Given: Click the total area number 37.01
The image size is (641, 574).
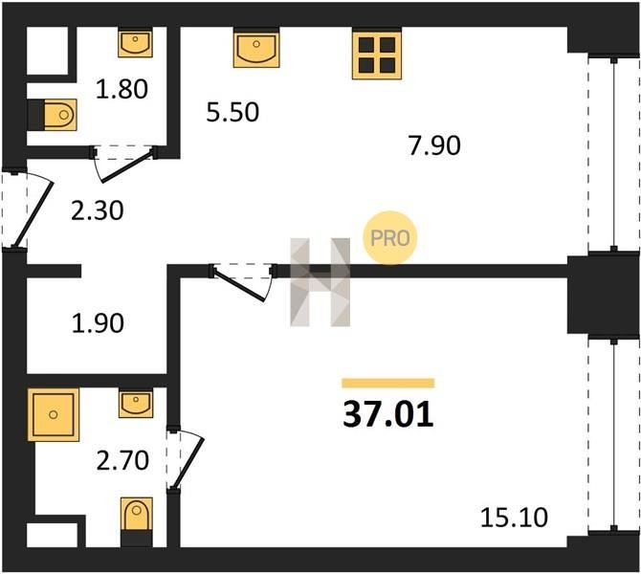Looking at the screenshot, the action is (388, 414).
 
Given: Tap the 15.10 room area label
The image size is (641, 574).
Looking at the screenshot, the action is (514, 518).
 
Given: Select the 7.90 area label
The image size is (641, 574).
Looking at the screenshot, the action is (434, 145).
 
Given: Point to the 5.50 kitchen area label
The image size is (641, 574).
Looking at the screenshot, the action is (232, 112).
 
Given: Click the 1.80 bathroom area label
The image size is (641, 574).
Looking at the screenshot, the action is (122, 90).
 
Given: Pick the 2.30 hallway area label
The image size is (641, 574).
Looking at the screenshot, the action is (97, 211).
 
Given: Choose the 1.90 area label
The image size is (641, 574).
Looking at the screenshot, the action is (98, 323).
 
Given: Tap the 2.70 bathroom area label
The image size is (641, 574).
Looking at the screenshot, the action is (122, 460).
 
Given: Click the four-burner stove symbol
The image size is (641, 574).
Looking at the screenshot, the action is (377, 55).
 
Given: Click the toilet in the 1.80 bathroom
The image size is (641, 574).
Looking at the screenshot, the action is (53, 115).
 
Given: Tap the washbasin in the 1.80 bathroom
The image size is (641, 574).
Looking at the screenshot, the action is (135, 42).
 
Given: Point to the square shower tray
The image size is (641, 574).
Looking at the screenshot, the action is (54, 414).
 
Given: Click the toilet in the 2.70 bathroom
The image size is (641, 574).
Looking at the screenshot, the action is (137, 521).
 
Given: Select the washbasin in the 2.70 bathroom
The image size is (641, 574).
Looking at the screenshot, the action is (136, 403).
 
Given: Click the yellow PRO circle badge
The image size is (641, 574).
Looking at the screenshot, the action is (390, 237).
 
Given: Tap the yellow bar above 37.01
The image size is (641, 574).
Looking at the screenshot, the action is (388, 383).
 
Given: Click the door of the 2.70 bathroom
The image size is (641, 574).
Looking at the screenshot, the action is (185, 458).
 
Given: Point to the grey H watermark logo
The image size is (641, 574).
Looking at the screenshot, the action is (320, 282).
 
